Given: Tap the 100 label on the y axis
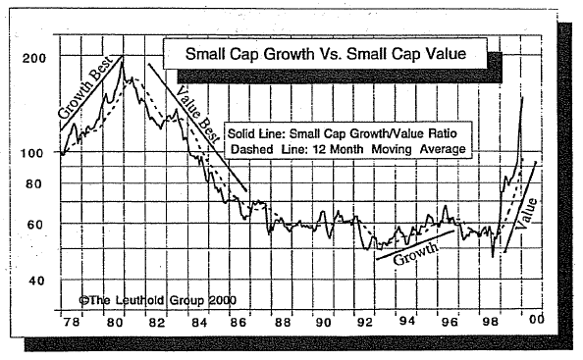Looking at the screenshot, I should [33, 153].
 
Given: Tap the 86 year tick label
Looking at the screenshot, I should [239, 323].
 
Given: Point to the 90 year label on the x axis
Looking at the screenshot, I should [322, 323].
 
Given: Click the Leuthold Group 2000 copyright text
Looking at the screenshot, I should [157, 300].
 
